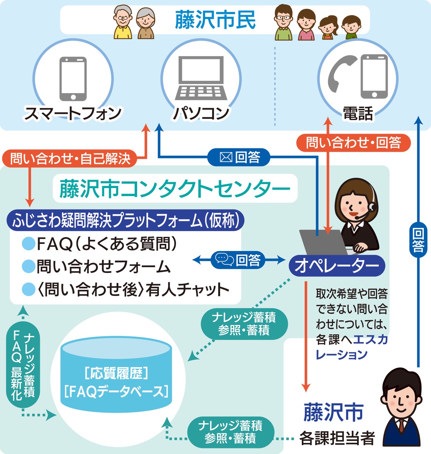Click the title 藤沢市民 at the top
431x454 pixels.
(215, 20)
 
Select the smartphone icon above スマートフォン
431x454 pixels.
(73, 79)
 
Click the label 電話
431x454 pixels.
(358, 114)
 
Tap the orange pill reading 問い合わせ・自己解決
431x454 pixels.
(70, 158)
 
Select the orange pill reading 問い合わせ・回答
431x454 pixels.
(353, 143)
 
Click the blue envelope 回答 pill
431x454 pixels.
(239, 157)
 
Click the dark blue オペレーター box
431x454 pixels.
(337, 266)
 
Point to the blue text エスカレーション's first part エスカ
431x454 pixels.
(370, 339)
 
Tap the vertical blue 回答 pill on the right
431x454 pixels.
(418, 240)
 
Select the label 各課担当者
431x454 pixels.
(337, 439)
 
